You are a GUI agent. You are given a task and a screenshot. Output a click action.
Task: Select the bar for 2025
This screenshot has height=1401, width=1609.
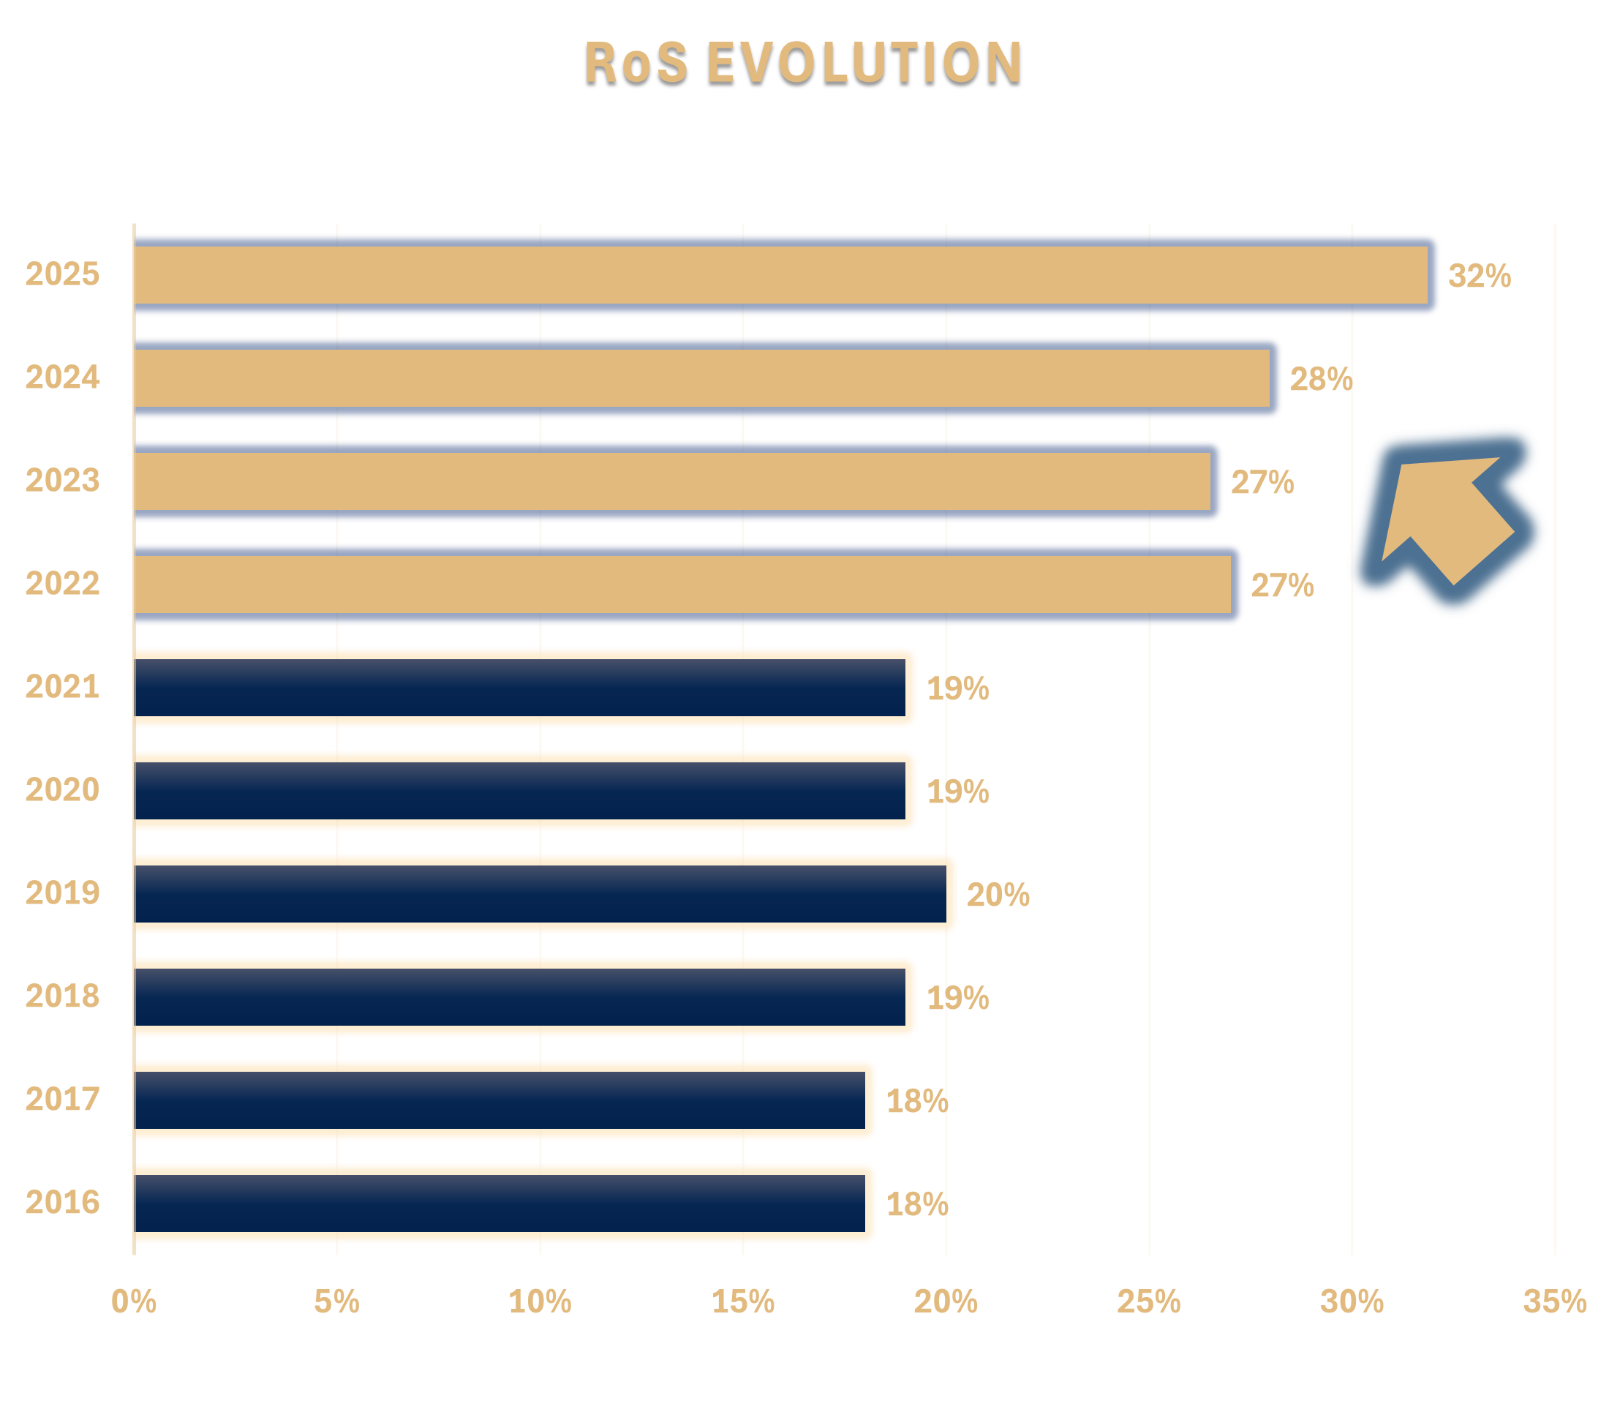point(781,274)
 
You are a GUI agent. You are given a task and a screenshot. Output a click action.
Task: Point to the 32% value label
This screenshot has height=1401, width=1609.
point(1480,276)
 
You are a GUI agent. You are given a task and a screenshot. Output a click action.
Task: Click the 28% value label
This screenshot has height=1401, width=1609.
point(1321,379)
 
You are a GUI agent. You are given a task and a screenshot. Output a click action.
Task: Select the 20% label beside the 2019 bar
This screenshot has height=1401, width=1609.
point(998,895)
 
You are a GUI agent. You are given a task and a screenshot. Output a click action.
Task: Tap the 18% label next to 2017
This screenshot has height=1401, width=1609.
point(916,1102)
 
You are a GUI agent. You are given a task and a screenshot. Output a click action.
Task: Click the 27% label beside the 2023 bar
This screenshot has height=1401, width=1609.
point(1262,482)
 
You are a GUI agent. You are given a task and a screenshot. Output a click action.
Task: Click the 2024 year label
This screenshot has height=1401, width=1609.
point(62,378)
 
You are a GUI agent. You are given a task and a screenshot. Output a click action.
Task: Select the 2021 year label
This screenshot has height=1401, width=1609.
point(62,687)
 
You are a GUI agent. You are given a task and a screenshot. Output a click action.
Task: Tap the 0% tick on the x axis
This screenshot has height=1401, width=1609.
point(134,1302)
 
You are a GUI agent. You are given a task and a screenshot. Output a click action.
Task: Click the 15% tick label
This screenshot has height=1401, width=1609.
point(742,1302)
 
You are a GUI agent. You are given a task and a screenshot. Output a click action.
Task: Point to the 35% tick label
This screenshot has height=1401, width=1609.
point(1554,1302)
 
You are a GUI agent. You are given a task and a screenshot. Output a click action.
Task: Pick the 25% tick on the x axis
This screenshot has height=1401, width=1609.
point(1149,1302)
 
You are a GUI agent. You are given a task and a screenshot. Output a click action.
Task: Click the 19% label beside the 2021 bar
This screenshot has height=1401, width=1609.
point(957,688)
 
